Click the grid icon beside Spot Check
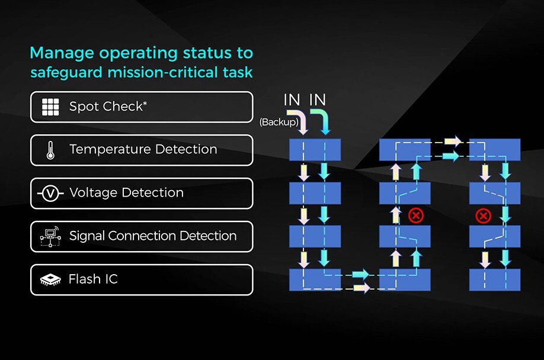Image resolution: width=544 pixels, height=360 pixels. point(51,107)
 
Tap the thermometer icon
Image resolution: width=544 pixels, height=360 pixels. point(51,150)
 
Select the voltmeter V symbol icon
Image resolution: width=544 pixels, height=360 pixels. point(50,193)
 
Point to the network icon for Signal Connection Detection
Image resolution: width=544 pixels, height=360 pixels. point(50,236)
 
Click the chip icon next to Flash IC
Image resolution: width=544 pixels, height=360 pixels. point(50,279)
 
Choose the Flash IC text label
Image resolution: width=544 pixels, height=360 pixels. point(93,279)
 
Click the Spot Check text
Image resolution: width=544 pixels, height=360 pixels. point(106,107)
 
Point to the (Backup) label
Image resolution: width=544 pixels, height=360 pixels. point(278,122)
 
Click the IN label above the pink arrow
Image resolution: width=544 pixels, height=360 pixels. point(292,100)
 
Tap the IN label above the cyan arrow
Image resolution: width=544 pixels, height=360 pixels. point(318,100)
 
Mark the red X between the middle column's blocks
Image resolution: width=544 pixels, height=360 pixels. point(416,215)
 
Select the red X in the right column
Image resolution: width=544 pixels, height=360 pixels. point(484,215)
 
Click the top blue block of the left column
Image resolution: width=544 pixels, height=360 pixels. point(315,150)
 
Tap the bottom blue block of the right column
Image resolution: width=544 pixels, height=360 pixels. point(494,279)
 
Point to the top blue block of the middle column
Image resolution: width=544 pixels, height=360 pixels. point(405,150)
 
